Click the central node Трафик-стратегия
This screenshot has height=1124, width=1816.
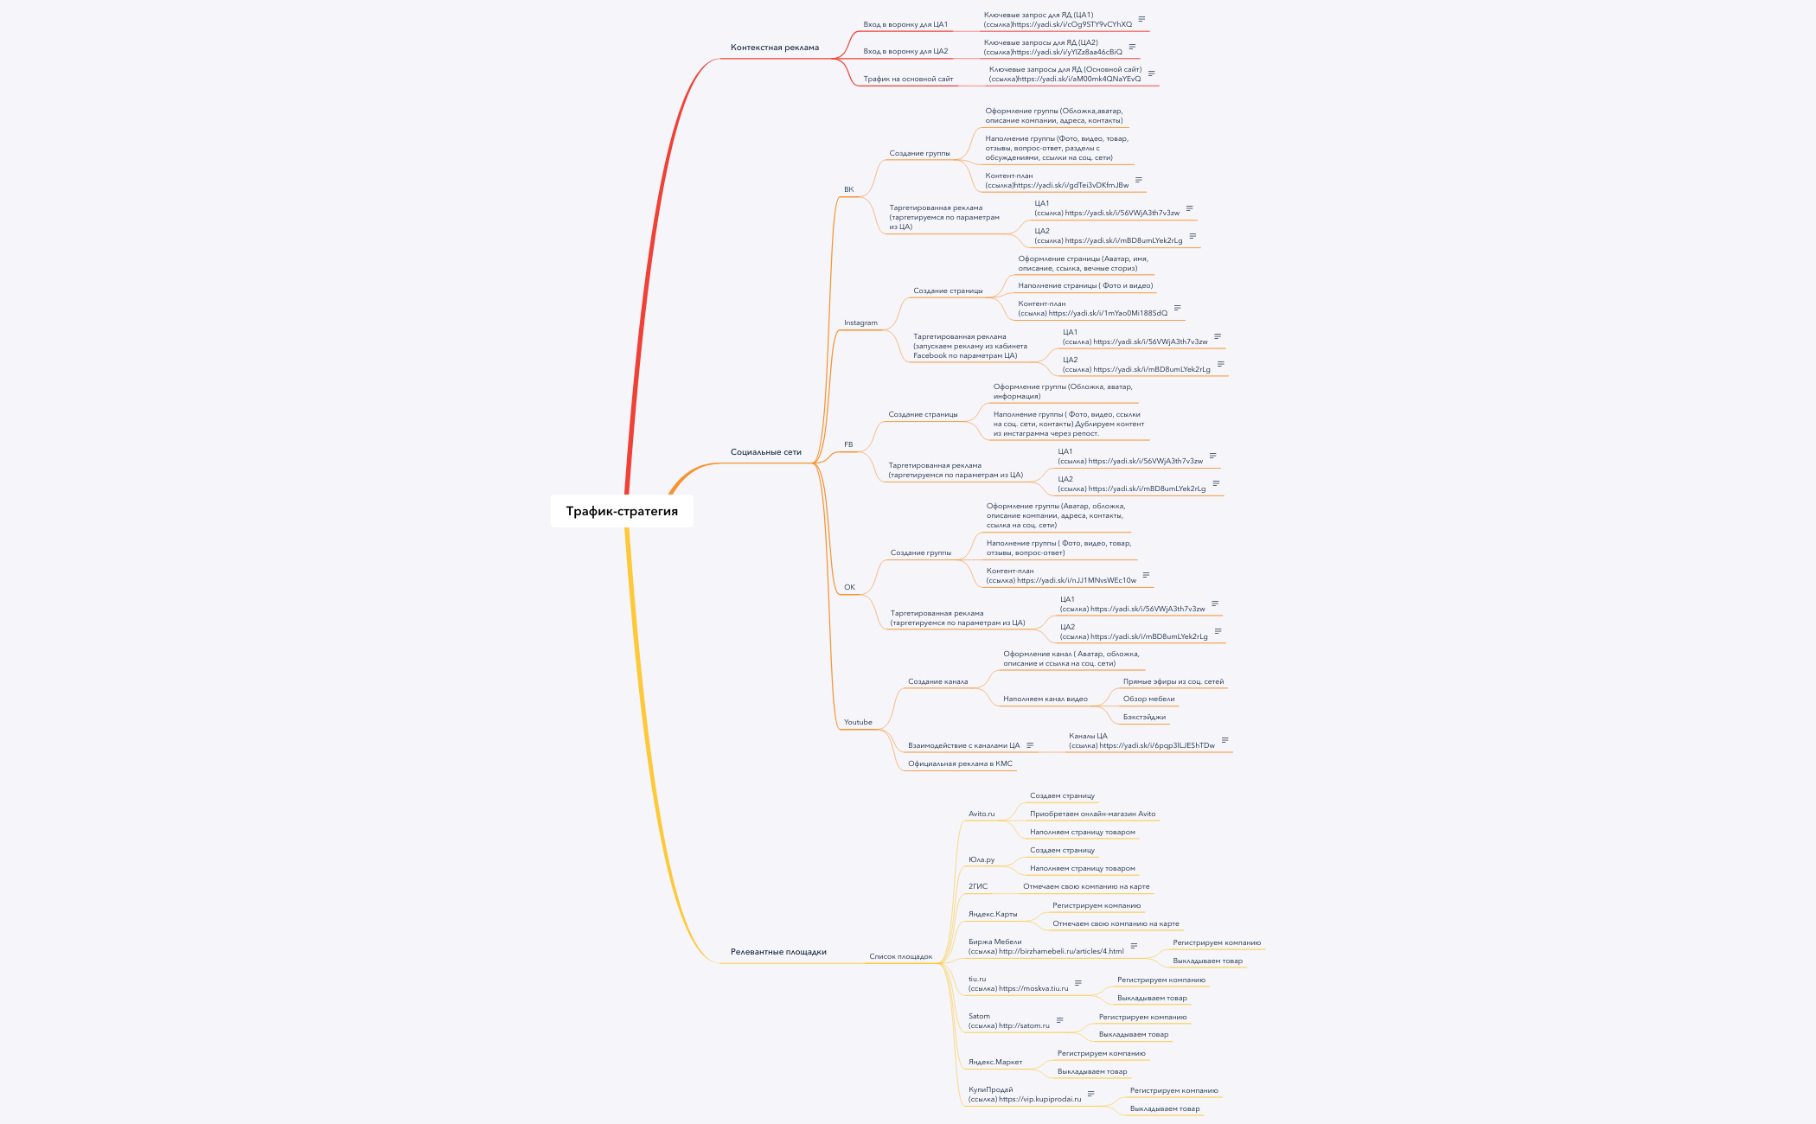point(622,511)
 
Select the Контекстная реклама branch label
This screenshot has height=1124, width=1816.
point(774,48)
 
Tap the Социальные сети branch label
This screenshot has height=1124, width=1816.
point(765,452)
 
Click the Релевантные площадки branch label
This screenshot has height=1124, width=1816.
point(778,952)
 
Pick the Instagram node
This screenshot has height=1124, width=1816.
point(860,323)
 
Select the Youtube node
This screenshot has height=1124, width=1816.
point(858,722)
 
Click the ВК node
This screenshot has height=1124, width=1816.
point(848,189)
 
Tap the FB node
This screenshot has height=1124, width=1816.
point(848,444)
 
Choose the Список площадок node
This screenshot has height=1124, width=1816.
point(900,956)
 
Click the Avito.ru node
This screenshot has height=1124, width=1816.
point(982,814)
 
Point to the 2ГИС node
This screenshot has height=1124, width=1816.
point(978,886)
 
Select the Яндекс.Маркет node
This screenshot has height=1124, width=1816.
point(995,1062)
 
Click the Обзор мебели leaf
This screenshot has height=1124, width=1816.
point(1148,699)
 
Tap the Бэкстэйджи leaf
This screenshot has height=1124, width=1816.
point(1144,717)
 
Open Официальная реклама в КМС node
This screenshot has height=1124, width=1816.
point(960,763)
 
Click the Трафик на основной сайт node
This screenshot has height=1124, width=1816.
point(908,79)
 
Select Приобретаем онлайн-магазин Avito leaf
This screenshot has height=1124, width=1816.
point(1092,814)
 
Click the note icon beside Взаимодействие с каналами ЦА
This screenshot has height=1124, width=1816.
point(1030,745)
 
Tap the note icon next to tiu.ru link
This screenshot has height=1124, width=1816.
point(1078,983)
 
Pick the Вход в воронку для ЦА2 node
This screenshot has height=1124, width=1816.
point(905,51)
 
